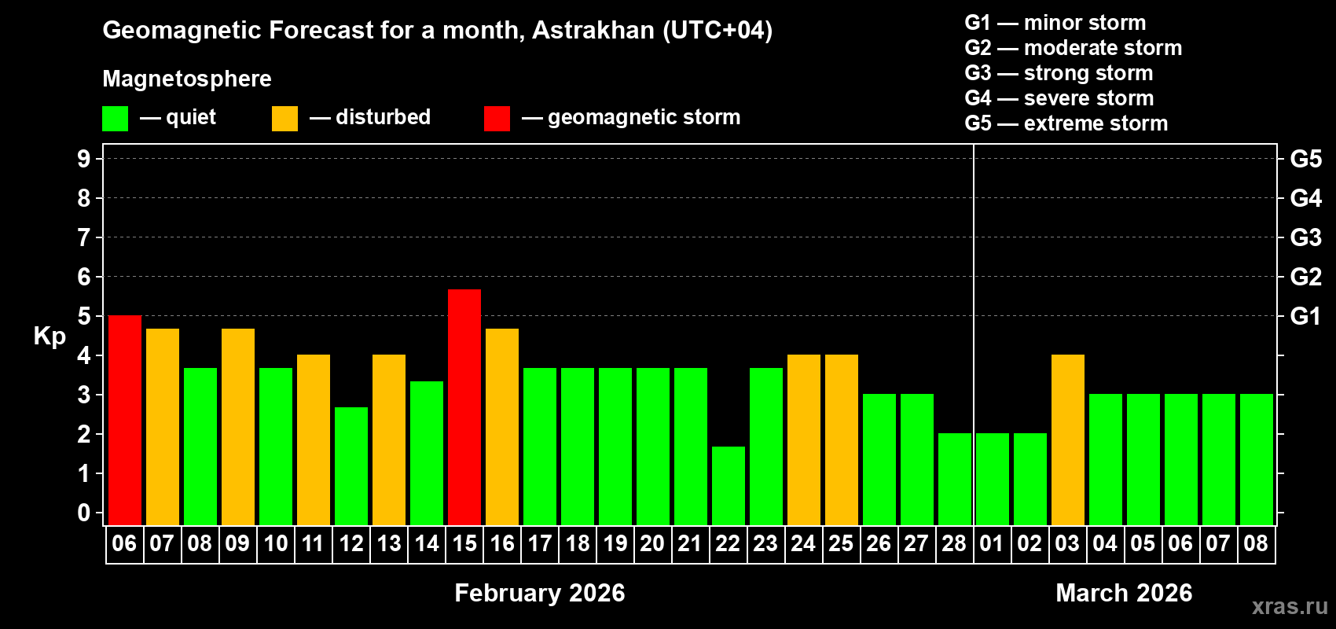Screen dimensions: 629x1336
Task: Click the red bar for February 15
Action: click(x=464, y=407)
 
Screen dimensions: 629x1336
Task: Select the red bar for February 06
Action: click(x=124, y=420)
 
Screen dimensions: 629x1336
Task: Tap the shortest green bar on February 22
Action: click(x=729, y=486)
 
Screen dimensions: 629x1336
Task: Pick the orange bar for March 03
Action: click(x=1068, y=440)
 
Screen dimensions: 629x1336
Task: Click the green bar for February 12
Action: click(x=351, y=466)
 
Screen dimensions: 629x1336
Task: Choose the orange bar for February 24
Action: click(x=804, y=440)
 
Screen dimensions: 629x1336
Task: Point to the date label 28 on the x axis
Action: click(x=954, y=544)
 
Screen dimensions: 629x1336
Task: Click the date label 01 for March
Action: click(x=992, y=544)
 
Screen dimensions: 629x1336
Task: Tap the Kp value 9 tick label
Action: click(x=84, y=159)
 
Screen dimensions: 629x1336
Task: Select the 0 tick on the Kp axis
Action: click(x=84, y=513)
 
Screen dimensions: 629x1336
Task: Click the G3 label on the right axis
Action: click(x=1305, y=237)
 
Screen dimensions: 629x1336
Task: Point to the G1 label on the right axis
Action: click(x=1305, y=316)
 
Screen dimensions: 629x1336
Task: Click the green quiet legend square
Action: click(x=115, y=119)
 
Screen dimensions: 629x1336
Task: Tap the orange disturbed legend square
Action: click(x=284, y=119)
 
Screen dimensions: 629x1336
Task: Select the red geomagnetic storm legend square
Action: click(x=497, y=119)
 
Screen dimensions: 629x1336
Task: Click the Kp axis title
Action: click(x=50, y=337)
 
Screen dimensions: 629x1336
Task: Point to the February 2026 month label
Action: click(x=539, y=593)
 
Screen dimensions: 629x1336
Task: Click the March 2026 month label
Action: click(x=1124, y=593)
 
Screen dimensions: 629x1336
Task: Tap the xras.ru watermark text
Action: click(x=1290, y=606)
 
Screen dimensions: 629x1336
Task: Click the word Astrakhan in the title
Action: click(x=593, y=31)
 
